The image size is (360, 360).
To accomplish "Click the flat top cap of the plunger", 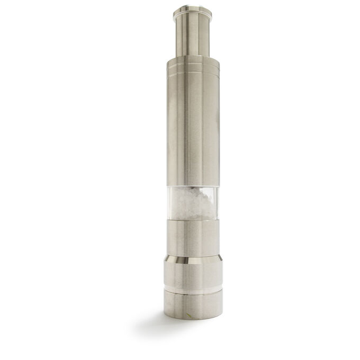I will pyautogui.click(x=192, y=10).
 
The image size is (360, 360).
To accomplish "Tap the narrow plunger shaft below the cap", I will pyautogui.click(x=192, y=34).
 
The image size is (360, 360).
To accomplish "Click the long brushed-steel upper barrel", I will pyautogui.click(x=192, y=127).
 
